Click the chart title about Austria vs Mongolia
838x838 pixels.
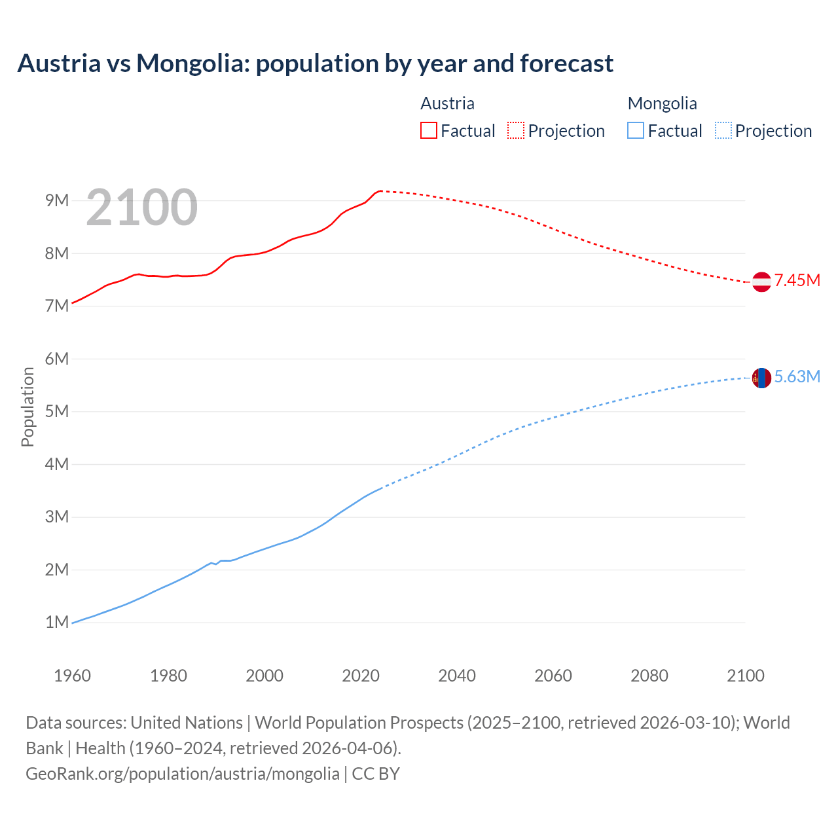click(315, 64)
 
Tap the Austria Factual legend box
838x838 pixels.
click(428, 130)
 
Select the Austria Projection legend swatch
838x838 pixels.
click(516, 130)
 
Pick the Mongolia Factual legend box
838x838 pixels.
click(635, 130)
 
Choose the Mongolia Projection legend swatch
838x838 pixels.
click(723, 130)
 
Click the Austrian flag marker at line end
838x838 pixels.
click(761, 282)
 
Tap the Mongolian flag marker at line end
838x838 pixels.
click(761, 378)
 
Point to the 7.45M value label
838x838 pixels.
click(797, 281)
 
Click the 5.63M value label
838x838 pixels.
click(797, 377)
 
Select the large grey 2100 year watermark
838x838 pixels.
click(141, 208)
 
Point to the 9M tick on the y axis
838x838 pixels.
click(57, 200)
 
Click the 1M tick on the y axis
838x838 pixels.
click(57, 622)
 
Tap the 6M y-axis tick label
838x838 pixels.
click(57, 359)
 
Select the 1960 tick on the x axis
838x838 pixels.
click(72, 676)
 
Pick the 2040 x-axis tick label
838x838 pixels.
click(457, 676)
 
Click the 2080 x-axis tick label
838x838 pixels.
click(649, 676)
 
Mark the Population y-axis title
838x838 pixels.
click(27, 407)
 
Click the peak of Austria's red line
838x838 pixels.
click(380, 191)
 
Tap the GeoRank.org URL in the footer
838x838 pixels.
click(183, 774)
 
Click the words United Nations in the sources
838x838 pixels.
click(187, 723)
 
